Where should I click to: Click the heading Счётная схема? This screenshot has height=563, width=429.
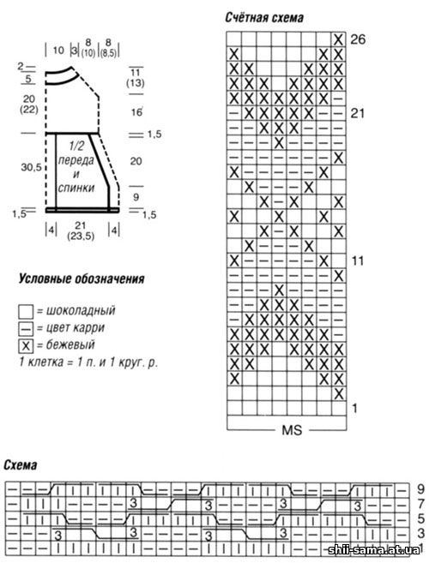(264, 17)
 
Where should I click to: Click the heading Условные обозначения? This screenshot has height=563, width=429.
(82, 279)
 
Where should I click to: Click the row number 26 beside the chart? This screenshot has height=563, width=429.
(358, 39)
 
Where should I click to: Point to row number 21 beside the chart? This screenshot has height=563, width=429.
(358, 113)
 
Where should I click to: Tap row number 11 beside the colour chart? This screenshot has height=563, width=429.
(358, 261)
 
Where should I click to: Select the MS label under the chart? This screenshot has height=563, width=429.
(292, 430)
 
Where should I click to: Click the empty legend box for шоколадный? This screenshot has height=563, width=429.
(26, 312)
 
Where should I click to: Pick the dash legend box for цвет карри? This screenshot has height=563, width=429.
(26, 328)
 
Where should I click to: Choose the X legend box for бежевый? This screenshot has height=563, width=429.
(26, 346)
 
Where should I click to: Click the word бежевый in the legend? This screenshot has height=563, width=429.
(70, 344)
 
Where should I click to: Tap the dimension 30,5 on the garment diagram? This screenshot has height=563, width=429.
(31, 167)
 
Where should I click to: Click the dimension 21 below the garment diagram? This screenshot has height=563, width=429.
(80, 225)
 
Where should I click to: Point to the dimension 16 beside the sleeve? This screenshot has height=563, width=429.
(136, 112)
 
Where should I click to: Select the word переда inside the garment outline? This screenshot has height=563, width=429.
(76, 159)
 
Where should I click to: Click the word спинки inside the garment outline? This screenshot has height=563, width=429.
(76, 188)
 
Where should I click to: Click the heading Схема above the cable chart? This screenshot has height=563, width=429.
(20, 465)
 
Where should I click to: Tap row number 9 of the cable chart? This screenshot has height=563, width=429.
(421, 488)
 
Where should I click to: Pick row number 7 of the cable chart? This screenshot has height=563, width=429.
(421, 504)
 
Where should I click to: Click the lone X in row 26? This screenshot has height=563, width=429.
(338, 39)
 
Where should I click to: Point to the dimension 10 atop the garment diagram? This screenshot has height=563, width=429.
(57, 50)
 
